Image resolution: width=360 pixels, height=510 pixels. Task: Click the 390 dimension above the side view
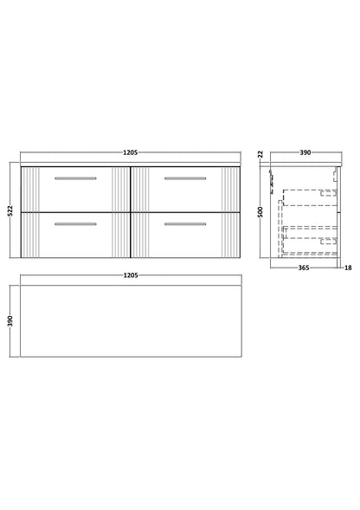click(304, 153)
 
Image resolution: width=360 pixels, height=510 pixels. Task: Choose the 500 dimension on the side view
click(259, 210)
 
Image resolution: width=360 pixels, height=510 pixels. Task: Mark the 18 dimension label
click(348, 269)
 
